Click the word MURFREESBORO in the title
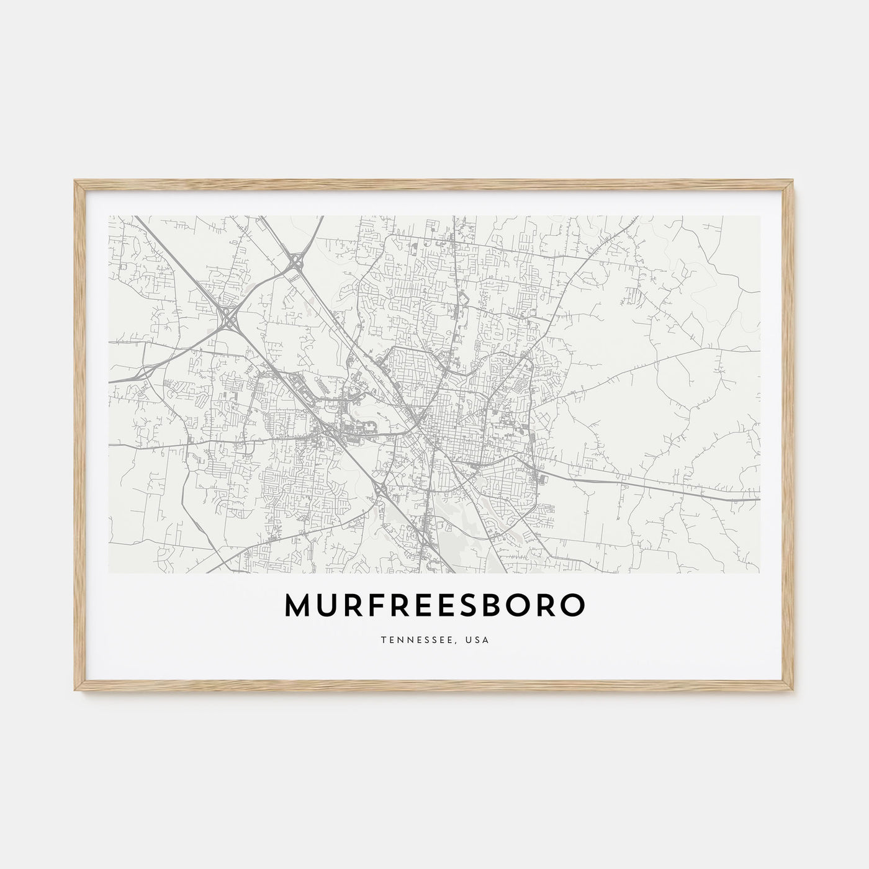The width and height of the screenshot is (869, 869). click(434, 606)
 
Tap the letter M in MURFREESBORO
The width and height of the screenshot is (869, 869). click(297, 606)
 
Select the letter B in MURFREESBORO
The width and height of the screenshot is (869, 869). click(495, 606)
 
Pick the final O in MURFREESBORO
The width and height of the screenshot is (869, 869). click(572, 606)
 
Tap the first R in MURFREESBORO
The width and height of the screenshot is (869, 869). click(353, 606)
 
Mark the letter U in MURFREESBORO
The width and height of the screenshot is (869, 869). click(326, 606)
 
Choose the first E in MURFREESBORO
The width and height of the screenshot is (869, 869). click(422, 606)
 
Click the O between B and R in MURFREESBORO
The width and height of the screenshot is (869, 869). click(521, 606)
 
